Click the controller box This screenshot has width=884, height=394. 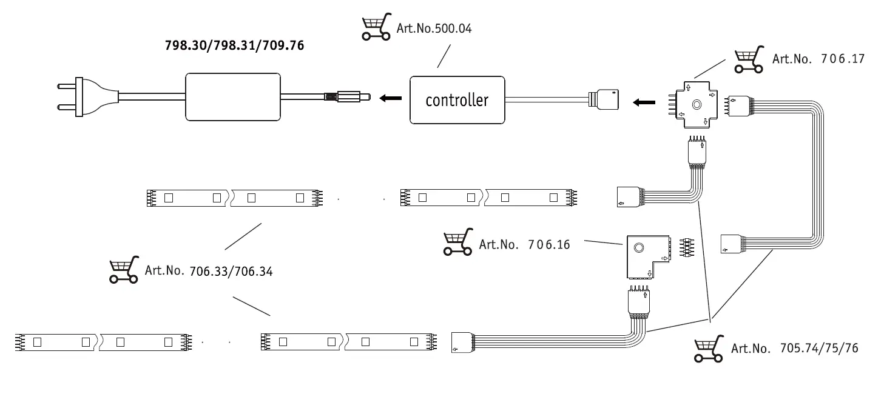tap(457, 99)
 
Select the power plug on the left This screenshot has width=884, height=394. tap(85, 97)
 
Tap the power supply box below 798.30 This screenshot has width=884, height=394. tap(233, 96)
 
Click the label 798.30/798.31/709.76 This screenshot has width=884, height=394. tap(234, 45)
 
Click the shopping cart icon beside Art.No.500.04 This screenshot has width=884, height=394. tap(376, 28)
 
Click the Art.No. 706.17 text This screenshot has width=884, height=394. tap(818, 59)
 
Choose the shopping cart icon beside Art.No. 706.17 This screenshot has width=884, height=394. tap(749, 60)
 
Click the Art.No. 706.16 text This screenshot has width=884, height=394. tap(524, 245)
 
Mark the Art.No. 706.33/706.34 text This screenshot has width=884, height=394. tap(209, 271)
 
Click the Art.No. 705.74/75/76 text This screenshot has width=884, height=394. tap(794, 349)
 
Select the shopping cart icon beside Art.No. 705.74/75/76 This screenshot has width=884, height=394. tap(709, 349)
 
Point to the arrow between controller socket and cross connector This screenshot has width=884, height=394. tap(644, 102)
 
